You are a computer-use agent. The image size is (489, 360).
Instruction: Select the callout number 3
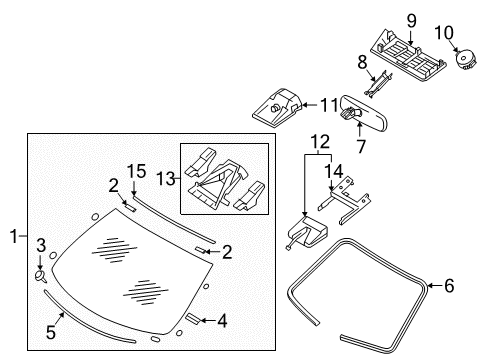point(41,244)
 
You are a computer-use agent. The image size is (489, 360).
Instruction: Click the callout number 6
point(448,286)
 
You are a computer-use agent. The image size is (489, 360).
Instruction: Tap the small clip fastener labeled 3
point(42,271)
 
